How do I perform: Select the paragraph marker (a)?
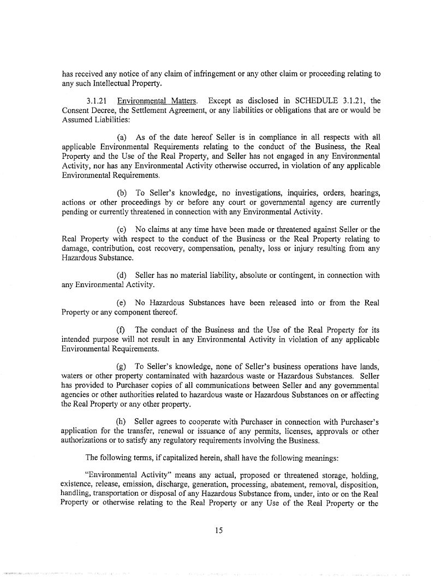(x=123, y=136)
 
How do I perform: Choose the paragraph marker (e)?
(x=123, y=302)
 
